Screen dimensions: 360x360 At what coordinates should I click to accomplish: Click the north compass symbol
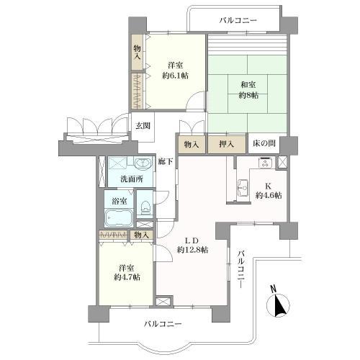pos(278,303)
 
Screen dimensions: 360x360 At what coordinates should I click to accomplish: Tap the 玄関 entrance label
pos(143,126)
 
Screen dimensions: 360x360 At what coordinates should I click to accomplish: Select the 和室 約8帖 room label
pos(248,90)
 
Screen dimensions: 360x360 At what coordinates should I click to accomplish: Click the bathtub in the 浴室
pos(119,218)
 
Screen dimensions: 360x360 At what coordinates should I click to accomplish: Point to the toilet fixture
pos(145,207)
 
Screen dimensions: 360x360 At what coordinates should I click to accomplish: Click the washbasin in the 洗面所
pos(143,164)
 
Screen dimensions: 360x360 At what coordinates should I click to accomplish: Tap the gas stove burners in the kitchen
pos(266,163)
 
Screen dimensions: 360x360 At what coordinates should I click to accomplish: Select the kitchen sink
pos(243,188)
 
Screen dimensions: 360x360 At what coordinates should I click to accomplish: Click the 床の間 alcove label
pos(264,144)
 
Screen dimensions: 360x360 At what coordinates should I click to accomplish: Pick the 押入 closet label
pos(226,144)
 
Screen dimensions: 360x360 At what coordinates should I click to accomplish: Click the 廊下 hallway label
pos(165,161)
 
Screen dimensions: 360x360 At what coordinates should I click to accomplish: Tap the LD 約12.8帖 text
pos(192,246)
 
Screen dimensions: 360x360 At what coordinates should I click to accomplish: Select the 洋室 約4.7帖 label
pos(127,273)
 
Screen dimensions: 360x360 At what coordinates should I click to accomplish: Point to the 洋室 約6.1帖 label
pos(175,71)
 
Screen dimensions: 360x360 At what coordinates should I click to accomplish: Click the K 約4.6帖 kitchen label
pos(269,191)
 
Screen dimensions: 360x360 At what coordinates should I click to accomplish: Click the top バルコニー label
pos(238,20)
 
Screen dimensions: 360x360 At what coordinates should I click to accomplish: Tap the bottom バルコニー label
pos(163,325)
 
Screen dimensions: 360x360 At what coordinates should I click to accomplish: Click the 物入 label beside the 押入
pos(192,145)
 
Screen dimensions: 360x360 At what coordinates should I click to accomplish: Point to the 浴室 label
pos(120,201)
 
